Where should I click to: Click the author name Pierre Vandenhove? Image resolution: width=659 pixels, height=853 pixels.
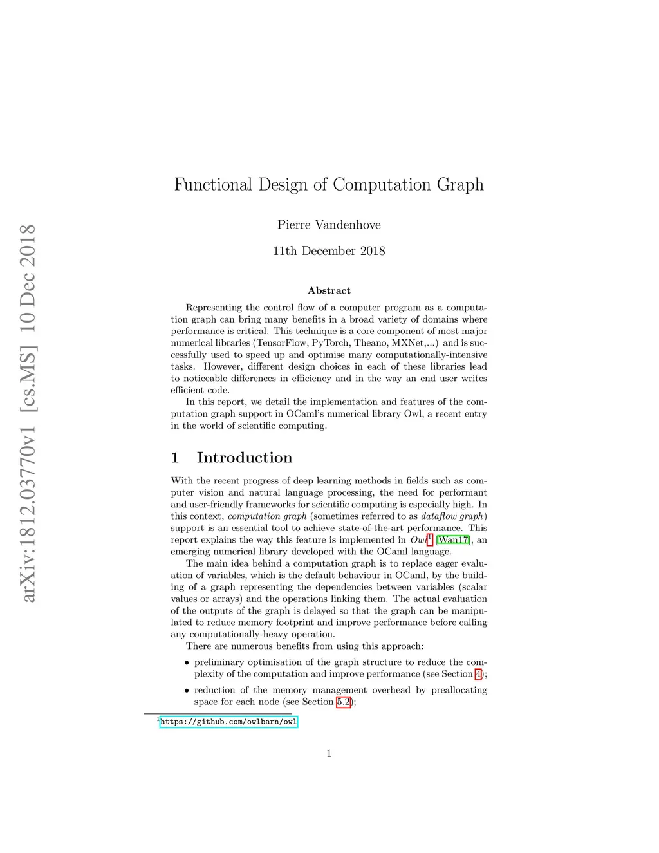329,225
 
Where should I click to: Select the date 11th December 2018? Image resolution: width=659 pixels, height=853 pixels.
329,251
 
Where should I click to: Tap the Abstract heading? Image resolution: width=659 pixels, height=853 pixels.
329,290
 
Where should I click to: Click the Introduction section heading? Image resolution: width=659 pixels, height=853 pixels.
244,458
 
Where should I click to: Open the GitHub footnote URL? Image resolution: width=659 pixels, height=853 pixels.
228,722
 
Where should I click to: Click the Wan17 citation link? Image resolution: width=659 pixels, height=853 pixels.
453,540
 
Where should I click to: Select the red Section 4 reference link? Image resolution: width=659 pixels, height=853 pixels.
478,674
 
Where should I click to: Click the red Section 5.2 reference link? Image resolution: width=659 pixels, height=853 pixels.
344,702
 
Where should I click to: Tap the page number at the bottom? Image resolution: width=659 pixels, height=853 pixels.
329,754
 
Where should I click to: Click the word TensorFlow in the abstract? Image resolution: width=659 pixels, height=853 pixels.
282,343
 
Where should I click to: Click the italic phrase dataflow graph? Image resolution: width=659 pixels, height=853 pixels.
453,516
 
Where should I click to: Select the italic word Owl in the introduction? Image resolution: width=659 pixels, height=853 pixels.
418,540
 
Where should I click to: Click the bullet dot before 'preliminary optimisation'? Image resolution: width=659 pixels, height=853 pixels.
187,663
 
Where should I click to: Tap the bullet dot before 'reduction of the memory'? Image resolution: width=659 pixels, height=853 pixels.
187,691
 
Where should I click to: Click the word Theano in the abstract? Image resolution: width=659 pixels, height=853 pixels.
370,343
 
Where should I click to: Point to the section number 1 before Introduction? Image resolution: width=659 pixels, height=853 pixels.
174,458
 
